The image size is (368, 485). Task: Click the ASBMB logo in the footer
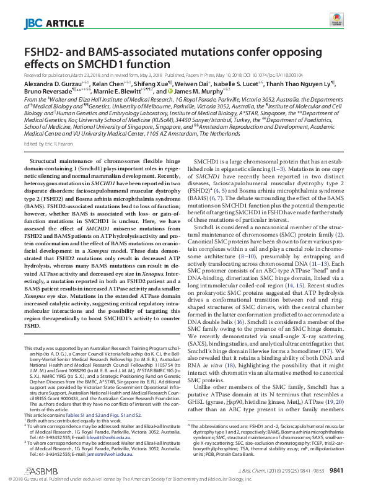[38, 469]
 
